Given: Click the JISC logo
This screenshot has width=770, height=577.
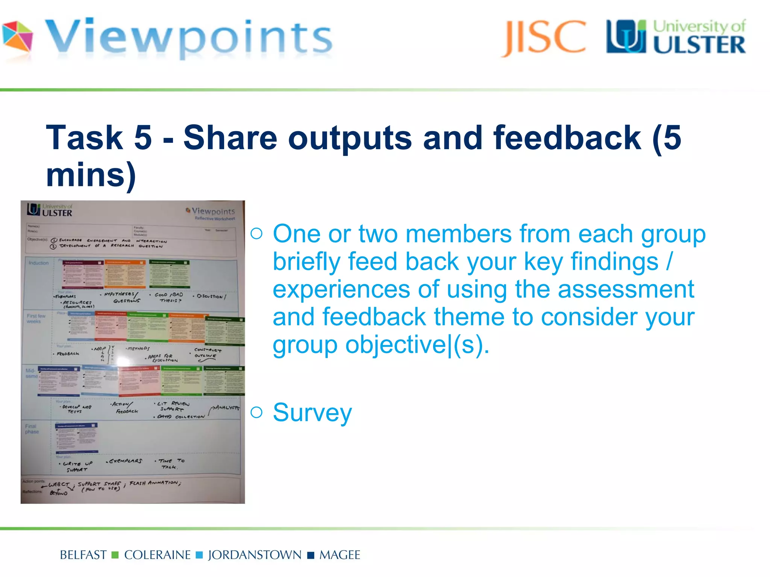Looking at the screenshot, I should pos(543,38).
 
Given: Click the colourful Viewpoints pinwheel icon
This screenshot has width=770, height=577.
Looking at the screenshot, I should pos(17,37).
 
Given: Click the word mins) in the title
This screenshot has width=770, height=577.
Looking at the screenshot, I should pos(91,175).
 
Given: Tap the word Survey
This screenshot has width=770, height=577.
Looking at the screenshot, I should pos(312,412).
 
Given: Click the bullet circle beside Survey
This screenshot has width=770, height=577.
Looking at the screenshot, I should pos(256,412).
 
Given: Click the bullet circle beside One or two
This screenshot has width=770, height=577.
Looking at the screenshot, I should pos(256,234).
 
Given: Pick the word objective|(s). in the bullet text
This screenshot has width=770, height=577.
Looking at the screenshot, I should pos(417,345).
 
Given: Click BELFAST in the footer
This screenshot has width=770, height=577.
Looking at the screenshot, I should pos(83,555).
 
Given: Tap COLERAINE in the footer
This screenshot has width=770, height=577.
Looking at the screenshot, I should pos(157,555).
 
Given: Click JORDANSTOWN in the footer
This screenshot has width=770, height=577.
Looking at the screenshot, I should pos(255,555).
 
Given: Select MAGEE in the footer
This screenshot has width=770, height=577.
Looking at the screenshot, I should pos(340,555).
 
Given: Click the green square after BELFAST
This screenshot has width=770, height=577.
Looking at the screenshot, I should pos(115,555).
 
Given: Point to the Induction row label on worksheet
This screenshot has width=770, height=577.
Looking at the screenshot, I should pos(39,263).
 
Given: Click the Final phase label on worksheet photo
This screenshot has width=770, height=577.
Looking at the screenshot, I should pos(32,429).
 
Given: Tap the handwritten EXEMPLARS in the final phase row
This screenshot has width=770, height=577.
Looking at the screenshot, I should pos(125,461).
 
